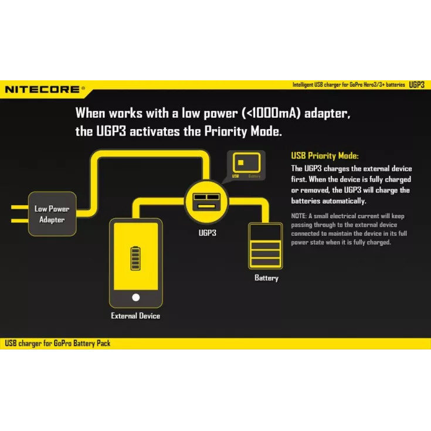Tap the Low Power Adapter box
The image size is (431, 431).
click(52, 214)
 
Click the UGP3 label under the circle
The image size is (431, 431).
click(207, 233)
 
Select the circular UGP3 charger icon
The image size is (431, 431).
click(206, 202)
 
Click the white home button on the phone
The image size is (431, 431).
click(136, 297)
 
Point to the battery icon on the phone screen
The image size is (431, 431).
click(135, 259)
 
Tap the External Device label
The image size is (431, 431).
click(135, 316)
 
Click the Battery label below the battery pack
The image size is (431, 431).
click(266, 278)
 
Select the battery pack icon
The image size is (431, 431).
click(265, 246)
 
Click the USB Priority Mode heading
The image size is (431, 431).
click(325, 156)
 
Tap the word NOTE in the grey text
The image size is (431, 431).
click(298, 216)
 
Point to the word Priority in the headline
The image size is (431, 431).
click(226, 132)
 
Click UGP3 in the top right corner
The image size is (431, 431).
click(417, 84)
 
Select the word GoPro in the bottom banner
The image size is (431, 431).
click(62, 343)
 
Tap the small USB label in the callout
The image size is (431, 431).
click(236, 176)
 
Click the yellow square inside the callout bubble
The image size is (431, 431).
click(241, 163)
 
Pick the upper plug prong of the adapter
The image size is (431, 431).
click(19, 207)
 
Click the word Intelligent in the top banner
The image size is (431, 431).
click(303, 84)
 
